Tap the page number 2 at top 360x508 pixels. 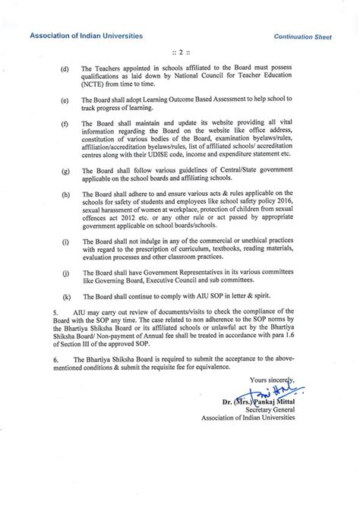(x=180, y=52)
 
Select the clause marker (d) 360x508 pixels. (x=65, y=68)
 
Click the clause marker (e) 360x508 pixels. (x=65, y=99)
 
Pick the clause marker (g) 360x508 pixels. (x=65, y=180)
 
